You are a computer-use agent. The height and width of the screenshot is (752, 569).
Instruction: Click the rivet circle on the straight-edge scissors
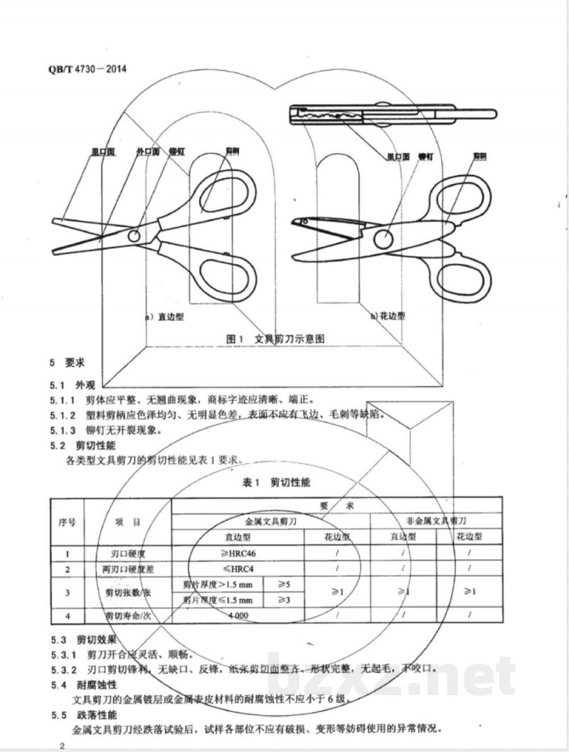[134, 235]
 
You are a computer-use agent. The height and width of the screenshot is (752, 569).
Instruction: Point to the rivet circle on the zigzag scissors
[383, 239]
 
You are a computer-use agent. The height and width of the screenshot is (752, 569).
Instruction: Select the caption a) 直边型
[164, 317]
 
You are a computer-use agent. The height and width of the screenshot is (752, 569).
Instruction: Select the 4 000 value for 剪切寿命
[238, 615]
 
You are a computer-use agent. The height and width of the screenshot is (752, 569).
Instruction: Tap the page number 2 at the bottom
[63, 745]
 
